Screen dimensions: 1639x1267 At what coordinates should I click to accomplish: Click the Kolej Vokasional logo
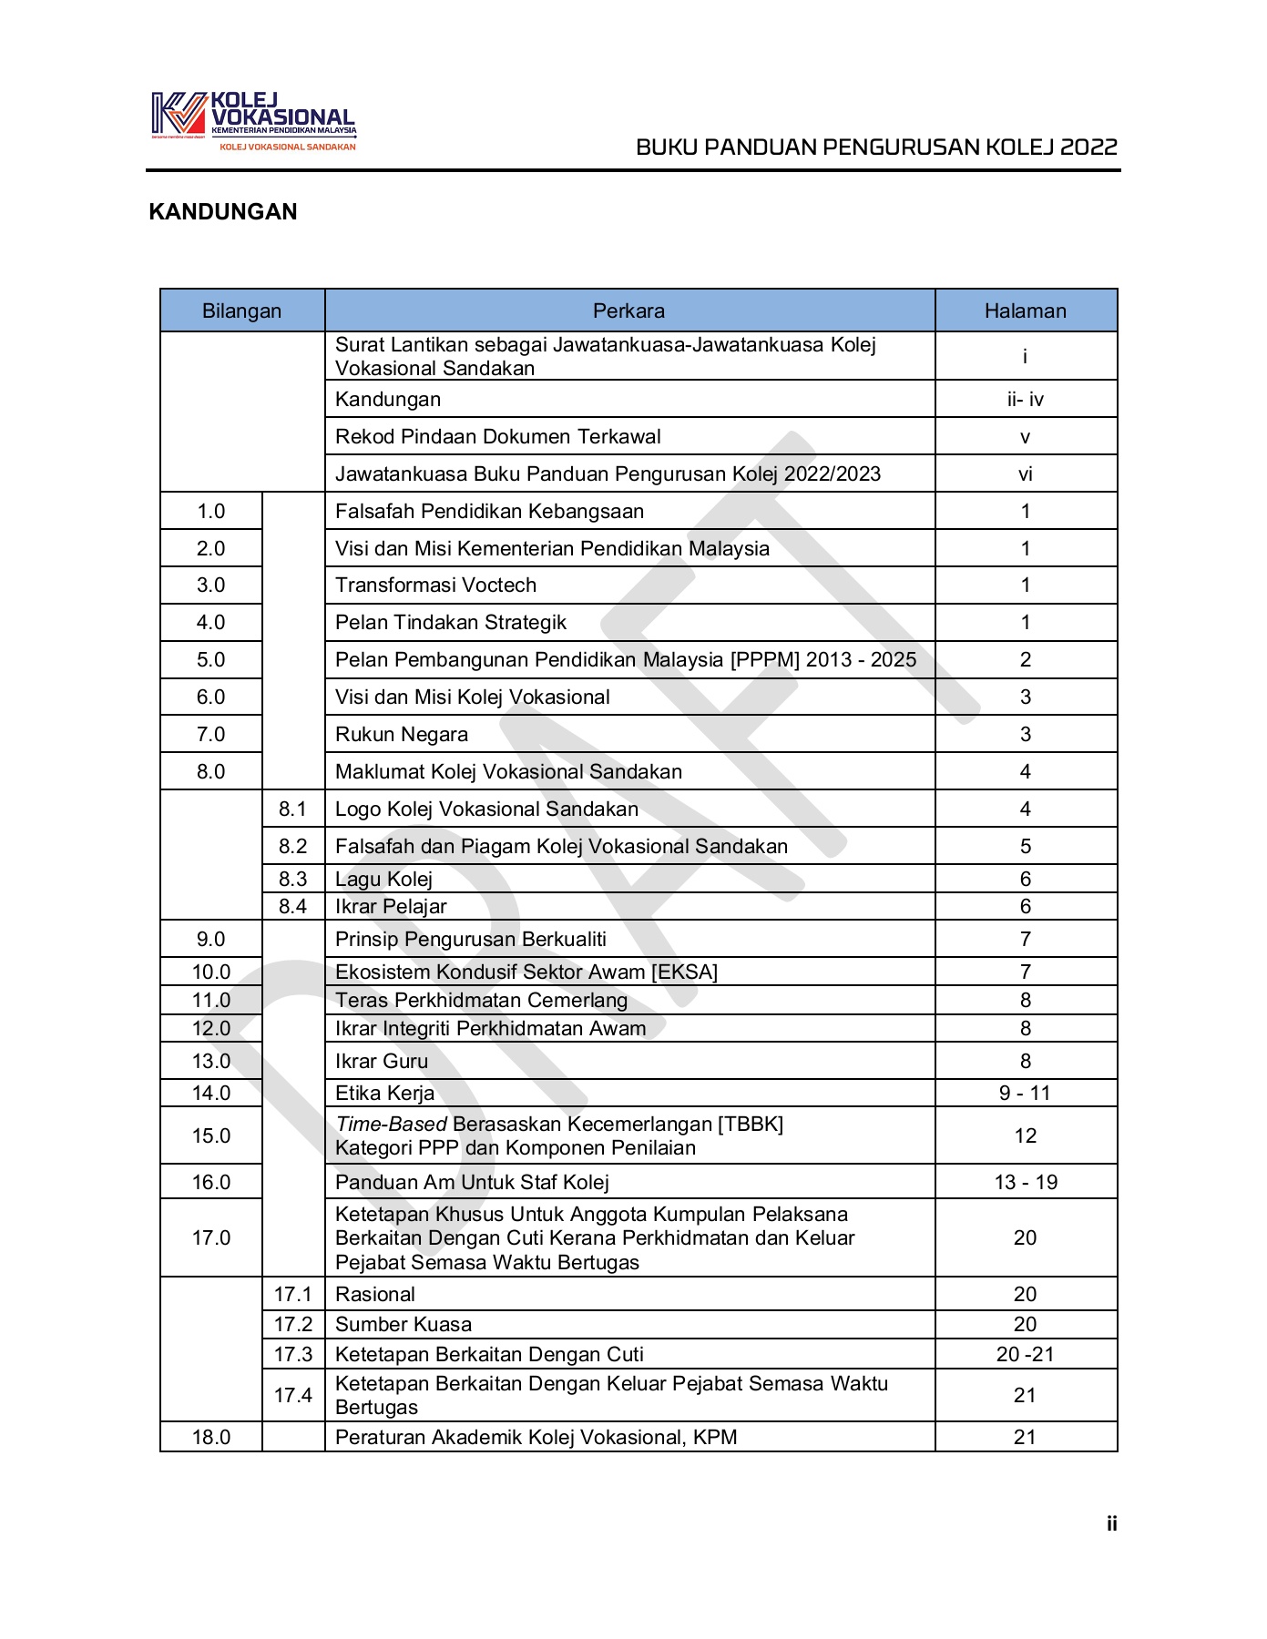click(x=253, y=120)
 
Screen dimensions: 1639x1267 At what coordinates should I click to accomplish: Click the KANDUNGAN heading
click(x=223, y=212)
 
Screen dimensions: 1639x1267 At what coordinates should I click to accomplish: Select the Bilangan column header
click(x=241, y=311)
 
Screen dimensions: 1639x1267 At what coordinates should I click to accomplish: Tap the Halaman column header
click(x=1025, y=311)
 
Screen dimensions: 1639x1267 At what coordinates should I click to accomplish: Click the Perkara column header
click(x=628, y=311)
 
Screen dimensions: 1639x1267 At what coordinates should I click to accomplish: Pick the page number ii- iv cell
click(x=1025, y=400)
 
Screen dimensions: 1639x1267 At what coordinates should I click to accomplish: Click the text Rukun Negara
click(x=402, y=735)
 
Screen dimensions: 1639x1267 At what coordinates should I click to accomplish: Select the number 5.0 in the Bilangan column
click(x=210, y=660)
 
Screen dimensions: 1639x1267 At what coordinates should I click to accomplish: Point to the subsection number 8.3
click(x=292, y=880)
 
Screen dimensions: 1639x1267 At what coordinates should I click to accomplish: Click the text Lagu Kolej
click(x=383, y=880)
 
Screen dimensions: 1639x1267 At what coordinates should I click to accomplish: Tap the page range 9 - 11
click(x=1025, y=1094)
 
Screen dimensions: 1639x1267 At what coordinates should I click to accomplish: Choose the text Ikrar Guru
click(x=381, y=1062)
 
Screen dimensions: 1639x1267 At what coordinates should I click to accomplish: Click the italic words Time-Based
click(x=392, y=1125)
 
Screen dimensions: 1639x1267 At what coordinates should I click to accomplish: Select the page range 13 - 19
click(x=1025, y=1183)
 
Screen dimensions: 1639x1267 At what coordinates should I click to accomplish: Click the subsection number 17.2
click(x=292, y=1325)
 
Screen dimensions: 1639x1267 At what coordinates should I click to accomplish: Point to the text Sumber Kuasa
click(x=404, y=1325)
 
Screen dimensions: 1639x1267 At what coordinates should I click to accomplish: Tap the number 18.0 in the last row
click(x=210, y=1438)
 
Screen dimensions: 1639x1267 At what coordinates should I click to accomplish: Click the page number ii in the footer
click(x=1111, y=1524)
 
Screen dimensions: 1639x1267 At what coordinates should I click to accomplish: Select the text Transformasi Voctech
click(x=435, y=585)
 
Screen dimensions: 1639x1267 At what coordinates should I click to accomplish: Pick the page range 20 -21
click(x=1025, y=1355)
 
